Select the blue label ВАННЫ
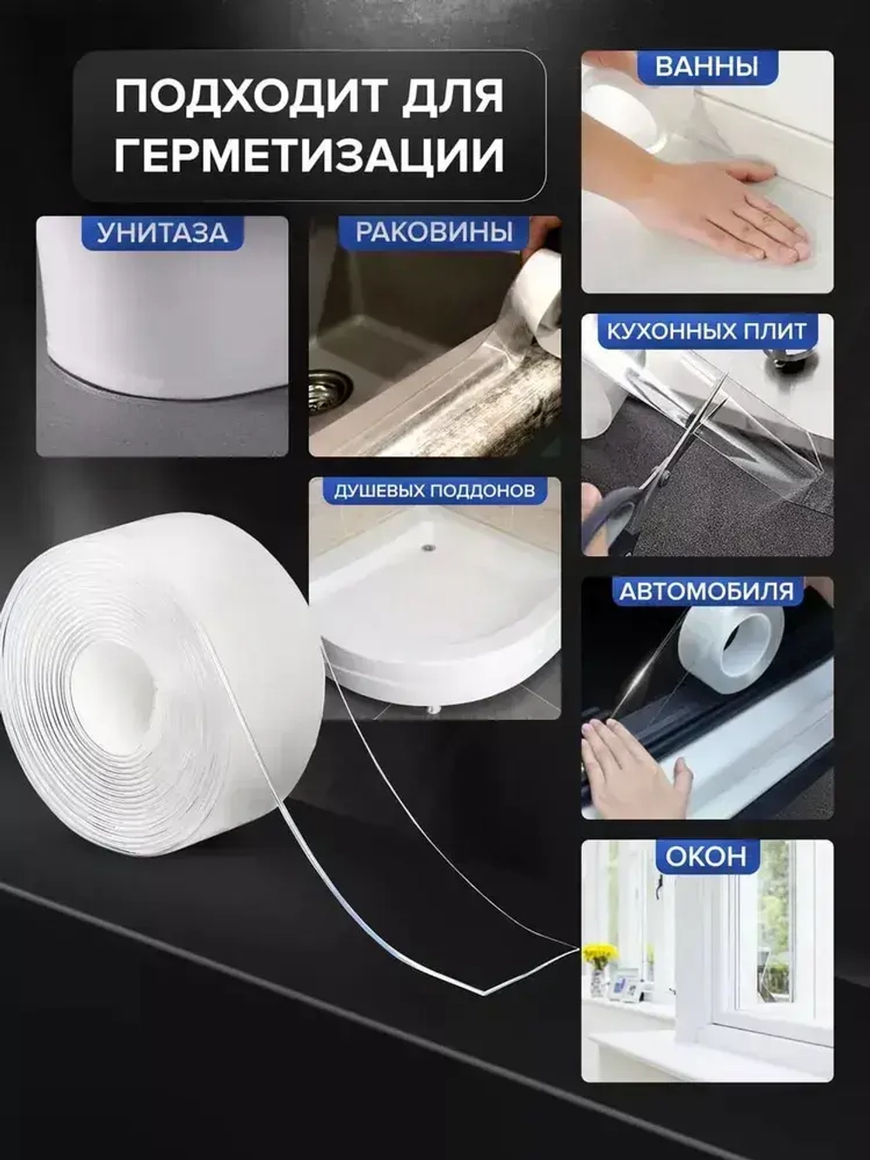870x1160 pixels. pos(706,67)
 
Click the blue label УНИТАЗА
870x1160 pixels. pos(162,233)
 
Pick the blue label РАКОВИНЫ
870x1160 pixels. pos(434,233)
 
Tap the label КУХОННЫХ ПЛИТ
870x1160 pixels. pos(706,332)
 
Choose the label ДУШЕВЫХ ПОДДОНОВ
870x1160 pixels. pos(434,491)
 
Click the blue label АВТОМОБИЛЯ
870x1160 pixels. pos(706,593)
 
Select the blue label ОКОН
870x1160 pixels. pos(706,856)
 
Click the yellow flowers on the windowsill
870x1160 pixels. pos(599,955)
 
